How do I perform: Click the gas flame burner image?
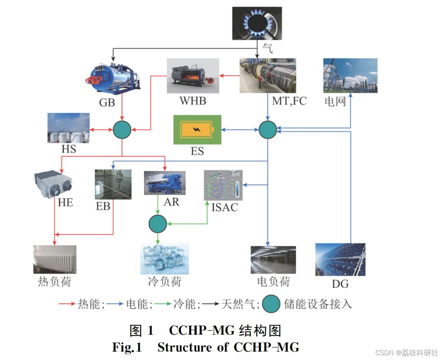(257, 23)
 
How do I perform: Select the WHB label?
(193, 100)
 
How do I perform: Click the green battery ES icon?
(197, 129)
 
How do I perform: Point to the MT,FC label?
(289, 101)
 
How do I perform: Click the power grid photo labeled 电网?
(350, 75)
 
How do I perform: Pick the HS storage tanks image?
(69, 127)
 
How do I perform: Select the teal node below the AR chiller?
(158, 223)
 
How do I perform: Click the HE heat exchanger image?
(54, 184)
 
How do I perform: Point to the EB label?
(103, 206)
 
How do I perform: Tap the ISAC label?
(225, 207)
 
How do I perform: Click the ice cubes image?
(165, 258)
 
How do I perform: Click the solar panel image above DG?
(340, 259)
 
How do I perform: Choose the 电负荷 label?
(273, 282)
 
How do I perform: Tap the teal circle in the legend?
(271, 304)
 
